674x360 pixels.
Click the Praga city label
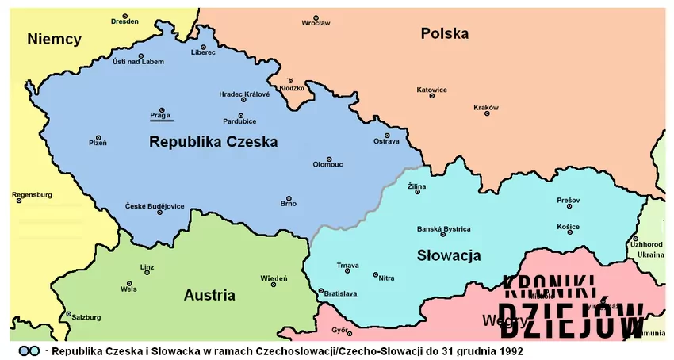[x=160, y=116]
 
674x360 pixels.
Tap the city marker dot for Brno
[x=288, y=197]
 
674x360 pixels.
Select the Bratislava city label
[x=340, y=293]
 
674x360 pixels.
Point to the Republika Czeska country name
[x=213, y=143]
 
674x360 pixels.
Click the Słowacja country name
[x=449, y=255]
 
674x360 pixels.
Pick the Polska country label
[x=444, y=33]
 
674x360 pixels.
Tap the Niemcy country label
[x=54, y=39]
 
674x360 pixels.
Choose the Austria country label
[x=209, y=295]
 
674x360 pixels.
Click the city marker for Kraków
[x=487, y=113]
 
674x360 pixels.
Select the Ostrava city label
[x=386, y=141]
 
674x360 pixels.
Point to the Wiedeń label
[x=274, y=278]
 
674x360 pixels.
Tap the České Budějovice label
[x=155, y=206]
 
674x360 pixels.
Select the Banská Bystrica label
[x=444, y=229]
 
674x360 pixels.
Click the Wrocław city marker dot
[x=316, y=17]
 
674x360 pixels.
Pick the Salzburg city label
[x=86, y=316]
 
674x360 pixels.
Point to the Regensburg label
[x=33, y=194]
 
